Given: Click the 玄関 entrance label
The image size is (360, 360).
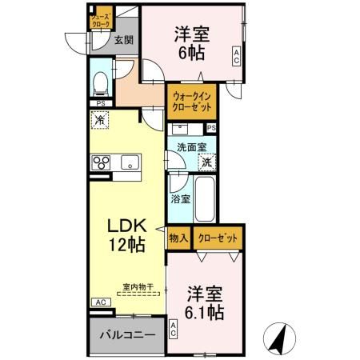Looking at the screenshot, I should click(122, 40).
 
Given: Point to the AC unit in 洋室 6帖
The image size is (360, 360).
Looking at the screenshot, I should click(237, 57).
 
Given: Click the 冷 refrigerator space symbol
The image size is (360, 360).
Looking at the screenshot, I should click(99, 121).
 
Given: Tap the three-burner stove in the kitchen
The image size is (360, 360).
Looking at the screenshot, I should click(102, 163).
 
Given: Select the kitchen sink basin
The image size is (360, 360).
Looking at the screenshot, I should click(129, 163).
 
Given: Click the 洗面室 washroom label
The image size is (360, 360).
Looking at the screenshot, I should click(192, 147).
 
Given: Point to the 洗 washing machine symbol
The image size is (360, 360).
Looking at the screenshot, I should click(206, 162).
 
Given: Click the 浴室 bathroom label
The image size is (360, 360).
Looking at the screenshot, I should click(180, 198).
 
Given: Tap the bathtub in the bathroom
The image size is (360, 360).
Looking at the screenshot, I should click(205, 200).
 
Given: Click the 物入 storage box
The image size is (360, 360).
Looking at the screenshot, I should click(178, 238).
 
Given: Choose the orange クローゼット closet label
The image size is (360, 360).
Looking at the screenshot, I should click(218, 238).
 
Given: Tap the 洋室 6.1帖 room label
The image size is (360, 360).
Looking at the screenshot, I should click(206, 302).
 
